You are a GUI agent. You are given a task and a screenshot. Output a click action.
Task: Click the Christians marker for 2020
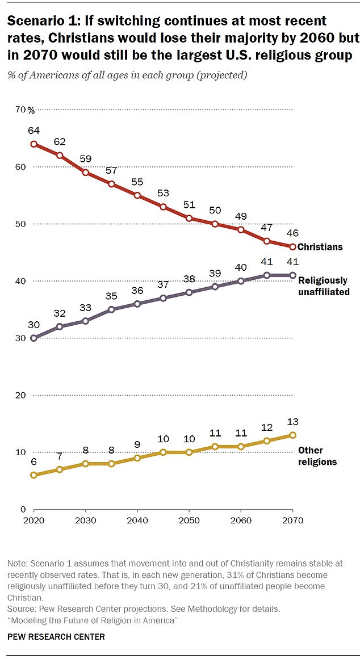click(34, 144)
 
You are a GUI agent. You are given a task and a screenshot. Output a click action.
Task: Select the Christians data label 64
click(34, 131)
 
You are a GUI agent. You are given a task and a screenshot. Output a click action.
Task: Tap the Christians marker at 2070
click(292, 247)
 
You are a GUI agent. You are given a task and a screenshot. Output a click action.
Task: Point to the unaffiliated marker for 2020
click(34, 338)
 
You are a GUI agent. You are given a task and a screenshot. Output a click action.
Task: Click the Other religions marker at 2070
click(292, 435)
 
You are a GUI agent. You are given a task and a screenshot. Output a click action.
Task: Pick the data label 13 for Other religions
click(292, 422)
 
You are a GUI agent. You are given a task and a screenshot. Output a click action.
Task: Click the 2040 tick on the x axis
click(137, 521)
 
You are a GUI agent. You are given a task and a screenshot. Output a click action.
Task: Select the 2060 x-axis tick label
click(241, 521)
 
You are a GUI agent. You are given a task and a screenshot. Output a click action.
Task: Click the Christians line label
click(320, 247)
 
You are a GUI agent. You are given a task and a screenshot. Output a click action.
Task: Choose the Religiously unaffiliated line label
click(323, 286)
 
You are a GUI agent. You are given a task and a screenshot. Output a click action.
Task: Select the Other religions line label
click(317, 456)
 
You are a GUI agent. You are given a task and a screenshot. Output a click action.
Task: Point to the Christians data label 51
click(189, 204)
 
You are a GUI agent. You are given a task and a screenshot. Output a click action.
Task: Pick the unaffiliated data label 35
click(111, 296)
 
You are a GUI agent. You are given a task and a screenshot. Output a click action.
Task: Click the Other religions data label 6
click(34, 461)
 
